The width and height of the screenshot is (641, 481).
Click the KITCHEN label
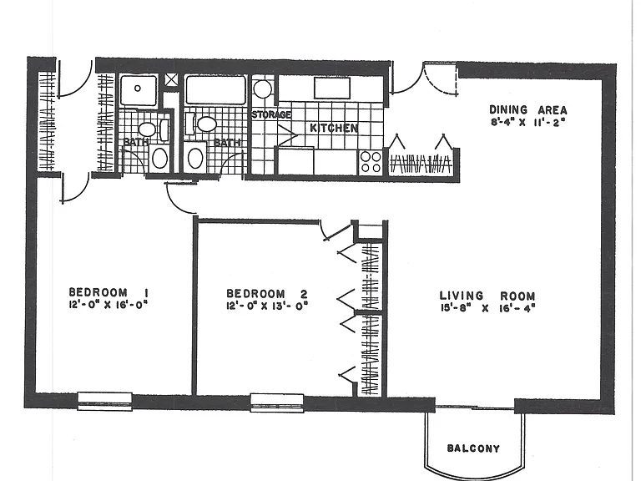334,128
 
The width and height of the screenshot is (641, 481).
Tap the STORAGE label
271,114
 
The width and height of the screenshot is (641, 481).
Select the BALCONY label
473,448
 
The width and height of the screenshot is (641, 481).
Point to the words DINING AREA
528,109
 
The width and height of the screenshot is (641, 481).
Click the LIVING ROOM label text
487,296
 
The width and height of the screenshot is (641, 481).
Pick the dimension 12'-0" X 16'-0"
108,305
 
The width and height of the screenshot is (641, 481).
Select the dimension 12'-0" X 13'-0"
266,306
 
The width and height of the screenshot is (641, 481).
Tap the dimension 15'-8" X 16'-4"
487,308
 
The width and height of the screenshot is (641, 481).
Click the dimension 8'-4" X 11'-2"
527,122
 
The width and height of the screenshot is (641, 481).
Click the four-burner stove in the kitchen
371,162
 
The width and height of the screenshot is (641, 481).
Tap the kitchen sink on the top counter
332,89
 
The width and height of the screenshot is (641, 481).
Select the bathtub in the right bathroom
216,89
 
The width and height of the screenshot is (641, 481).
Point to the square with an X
172,80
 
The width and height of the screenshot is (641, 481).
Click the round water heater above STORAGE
262,89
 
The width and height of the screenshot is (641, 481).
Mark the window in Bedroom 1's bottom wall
105,401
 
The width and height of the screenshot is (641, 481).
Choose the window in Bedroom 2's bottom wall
277,403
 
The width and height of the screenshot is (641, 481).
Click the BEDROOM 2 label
266,294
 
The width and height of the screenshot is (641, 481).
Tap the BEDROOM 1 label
109,292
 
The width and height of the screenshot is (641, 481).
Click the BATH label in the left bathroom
136,142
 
